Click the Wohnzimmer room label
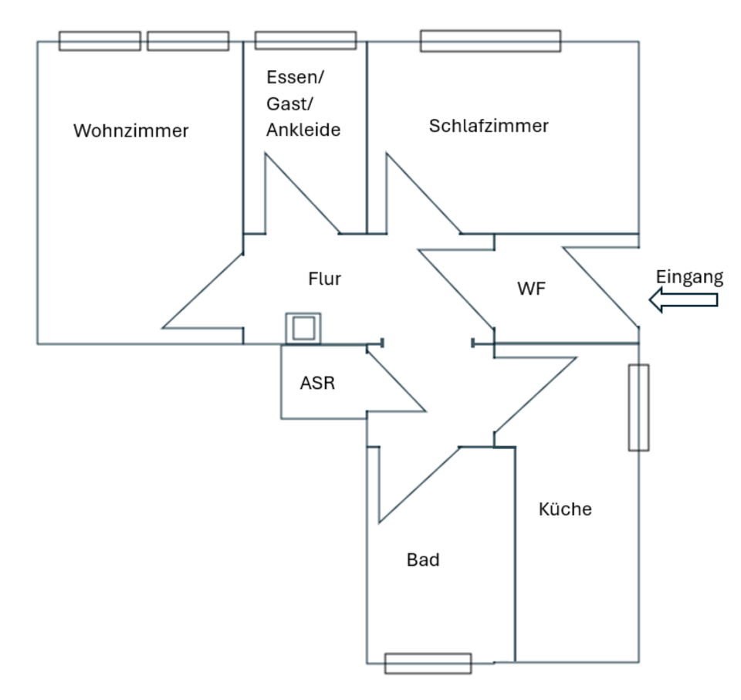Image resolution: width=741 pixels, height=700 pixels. (130, 131)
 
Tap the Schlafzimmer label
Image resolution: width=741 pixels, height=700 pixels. (489, 126)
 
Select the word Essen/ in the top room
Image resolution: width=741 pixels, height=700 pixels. (296, 78)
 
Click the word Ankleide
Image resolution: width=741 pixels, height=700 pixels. (303, 130)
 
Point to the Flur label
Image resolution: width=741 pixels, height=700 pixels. (324, 279)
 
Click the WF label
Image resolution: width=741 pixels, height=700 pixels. (531, 289)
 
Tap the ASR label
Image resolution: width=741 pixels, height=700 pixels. (317, 383)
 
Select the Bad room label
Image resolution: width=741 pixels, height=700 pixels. (423, 560)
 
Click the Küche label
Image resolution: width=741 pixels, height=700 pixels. (565, 509)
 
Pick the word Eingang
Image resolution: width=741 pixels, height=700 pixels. (689, 277)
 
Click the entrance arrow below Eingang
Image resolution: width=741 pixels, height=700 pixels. (683, 299)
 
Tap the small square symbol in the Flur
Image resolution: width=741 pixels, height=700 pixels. (303, 329)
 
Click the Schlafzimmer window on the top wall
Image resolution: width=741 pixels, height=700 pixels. (490, 41)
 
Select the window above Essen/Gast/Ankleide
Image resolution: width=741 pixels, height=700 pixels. (306, 40)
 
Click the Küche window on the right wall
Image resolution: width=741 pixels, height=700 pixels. (638, 407)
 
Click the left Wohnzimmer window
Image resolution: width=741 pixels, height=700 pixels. (100, 41)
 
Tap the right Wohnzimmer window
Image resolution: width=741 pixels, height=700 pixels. (188, 41)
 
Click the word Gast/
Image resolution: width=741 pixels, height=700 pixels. (290, 104)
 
